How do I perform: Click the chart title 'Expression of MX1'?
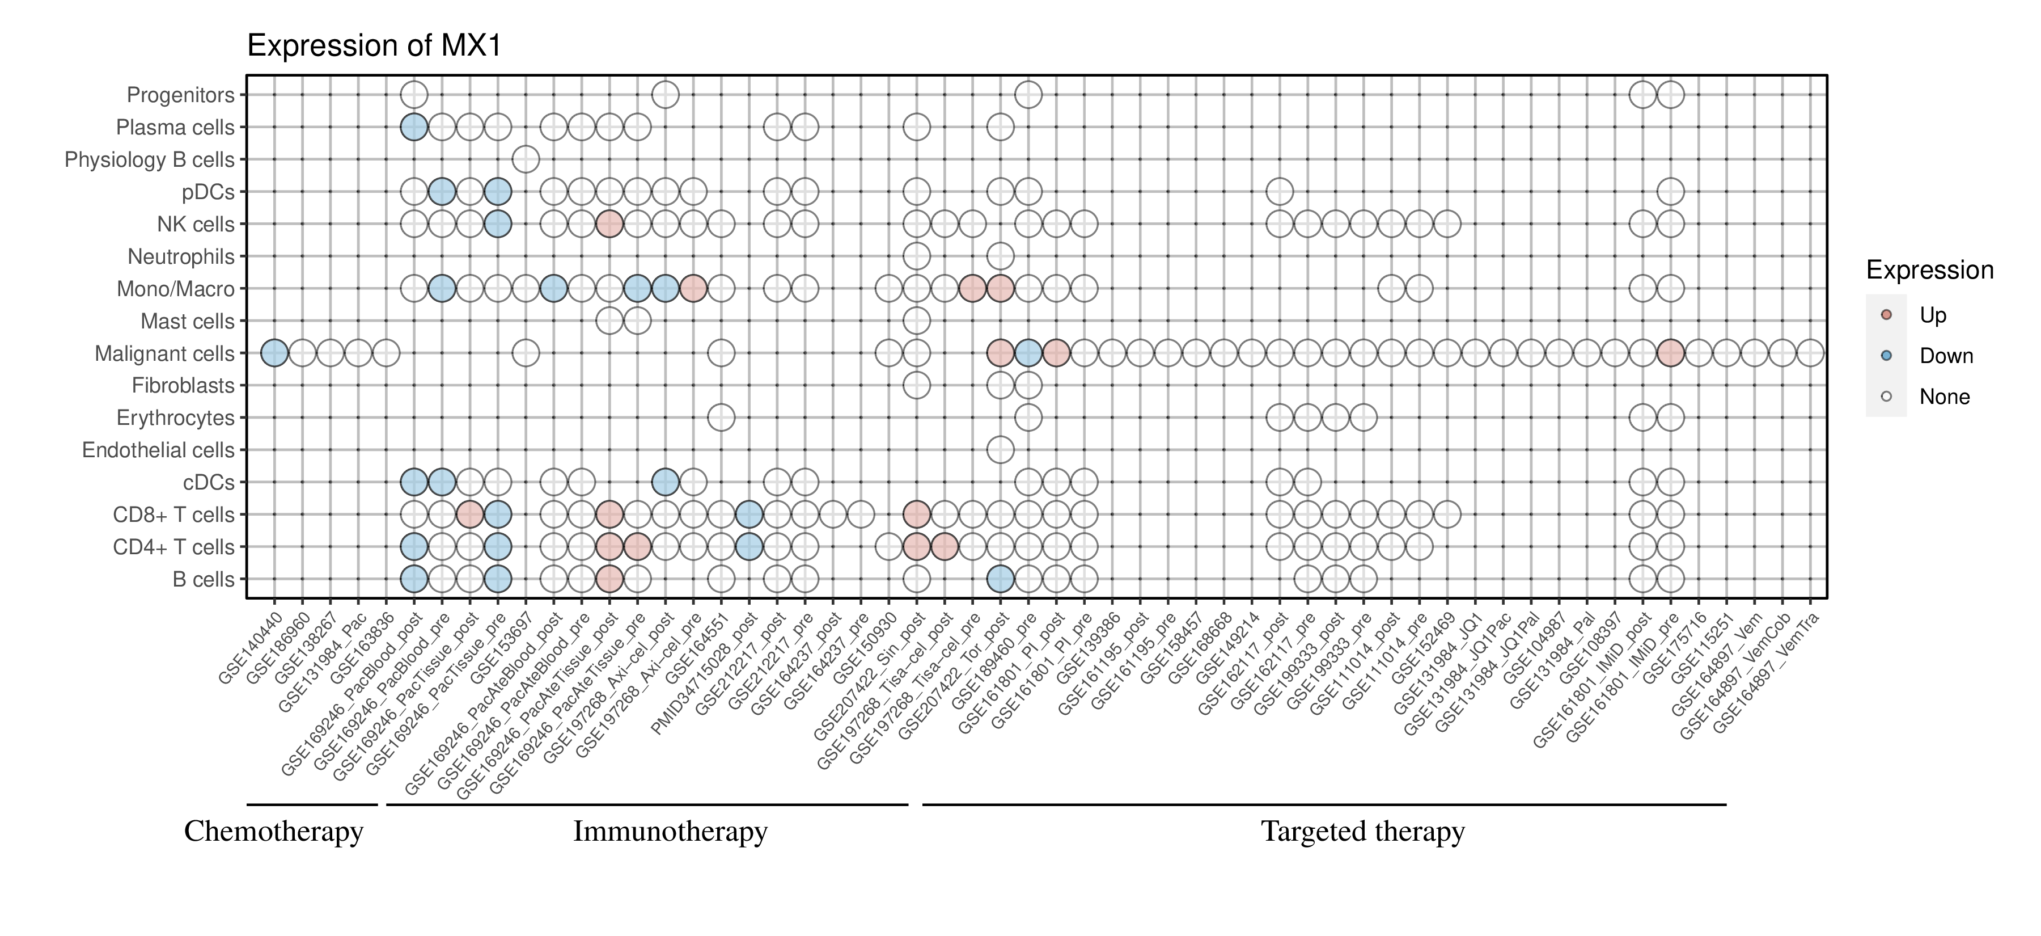click(374, 46)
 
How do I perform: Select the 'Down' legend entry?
click(1945, 356)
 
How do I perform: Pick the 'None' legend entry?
click(1943, 397)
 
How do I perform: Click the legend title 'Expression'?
click(1929, 270)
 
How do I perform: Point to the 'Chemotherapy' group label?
click(273, 832)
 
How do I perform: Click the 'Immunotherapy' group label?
click(670, 832)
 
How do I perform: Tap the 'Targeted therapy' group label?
click(1363, 832)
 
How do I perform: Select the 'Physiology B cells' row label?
click(150, 160)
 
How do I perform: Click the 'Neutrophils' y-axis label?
click(181, 257)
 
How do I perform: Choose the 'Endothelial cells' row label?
click(159, 450)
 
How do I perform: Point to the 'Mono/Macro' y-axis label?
click(175, 289)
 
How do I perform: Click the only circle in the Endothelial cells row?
click(1000, 450)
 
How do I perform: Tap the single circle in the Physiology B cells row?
click(526, 159)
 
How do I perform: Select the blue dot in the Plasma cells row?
click(414, 127)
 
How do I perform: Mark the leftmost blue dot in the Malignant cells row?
click(274, 353)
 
